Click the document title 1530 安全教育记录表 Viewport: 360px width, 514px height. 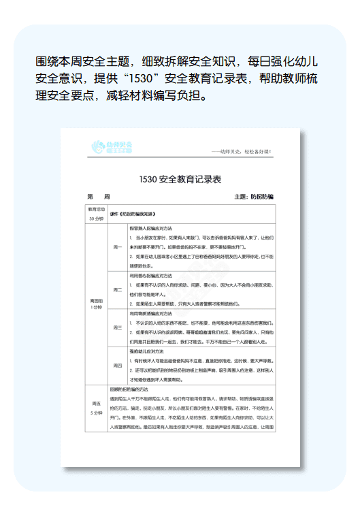[x=180, y=180]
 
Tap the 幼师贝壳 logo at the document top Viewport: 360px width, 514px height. [x=112, y=146]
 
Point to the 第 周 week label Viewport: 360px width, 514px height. [x=95, y=197]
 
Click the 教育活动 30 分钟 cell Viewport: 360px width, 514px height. [x=96, y=214]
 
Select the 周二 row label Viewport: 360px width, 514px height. [x=117, y=289]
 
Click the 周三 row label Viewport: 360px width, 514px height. [x=117, y=327]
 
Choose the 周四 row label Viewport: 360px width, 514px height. [x=117, y=365]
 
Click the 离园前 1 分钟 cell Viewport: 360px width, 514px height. [x=96, y=304]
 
